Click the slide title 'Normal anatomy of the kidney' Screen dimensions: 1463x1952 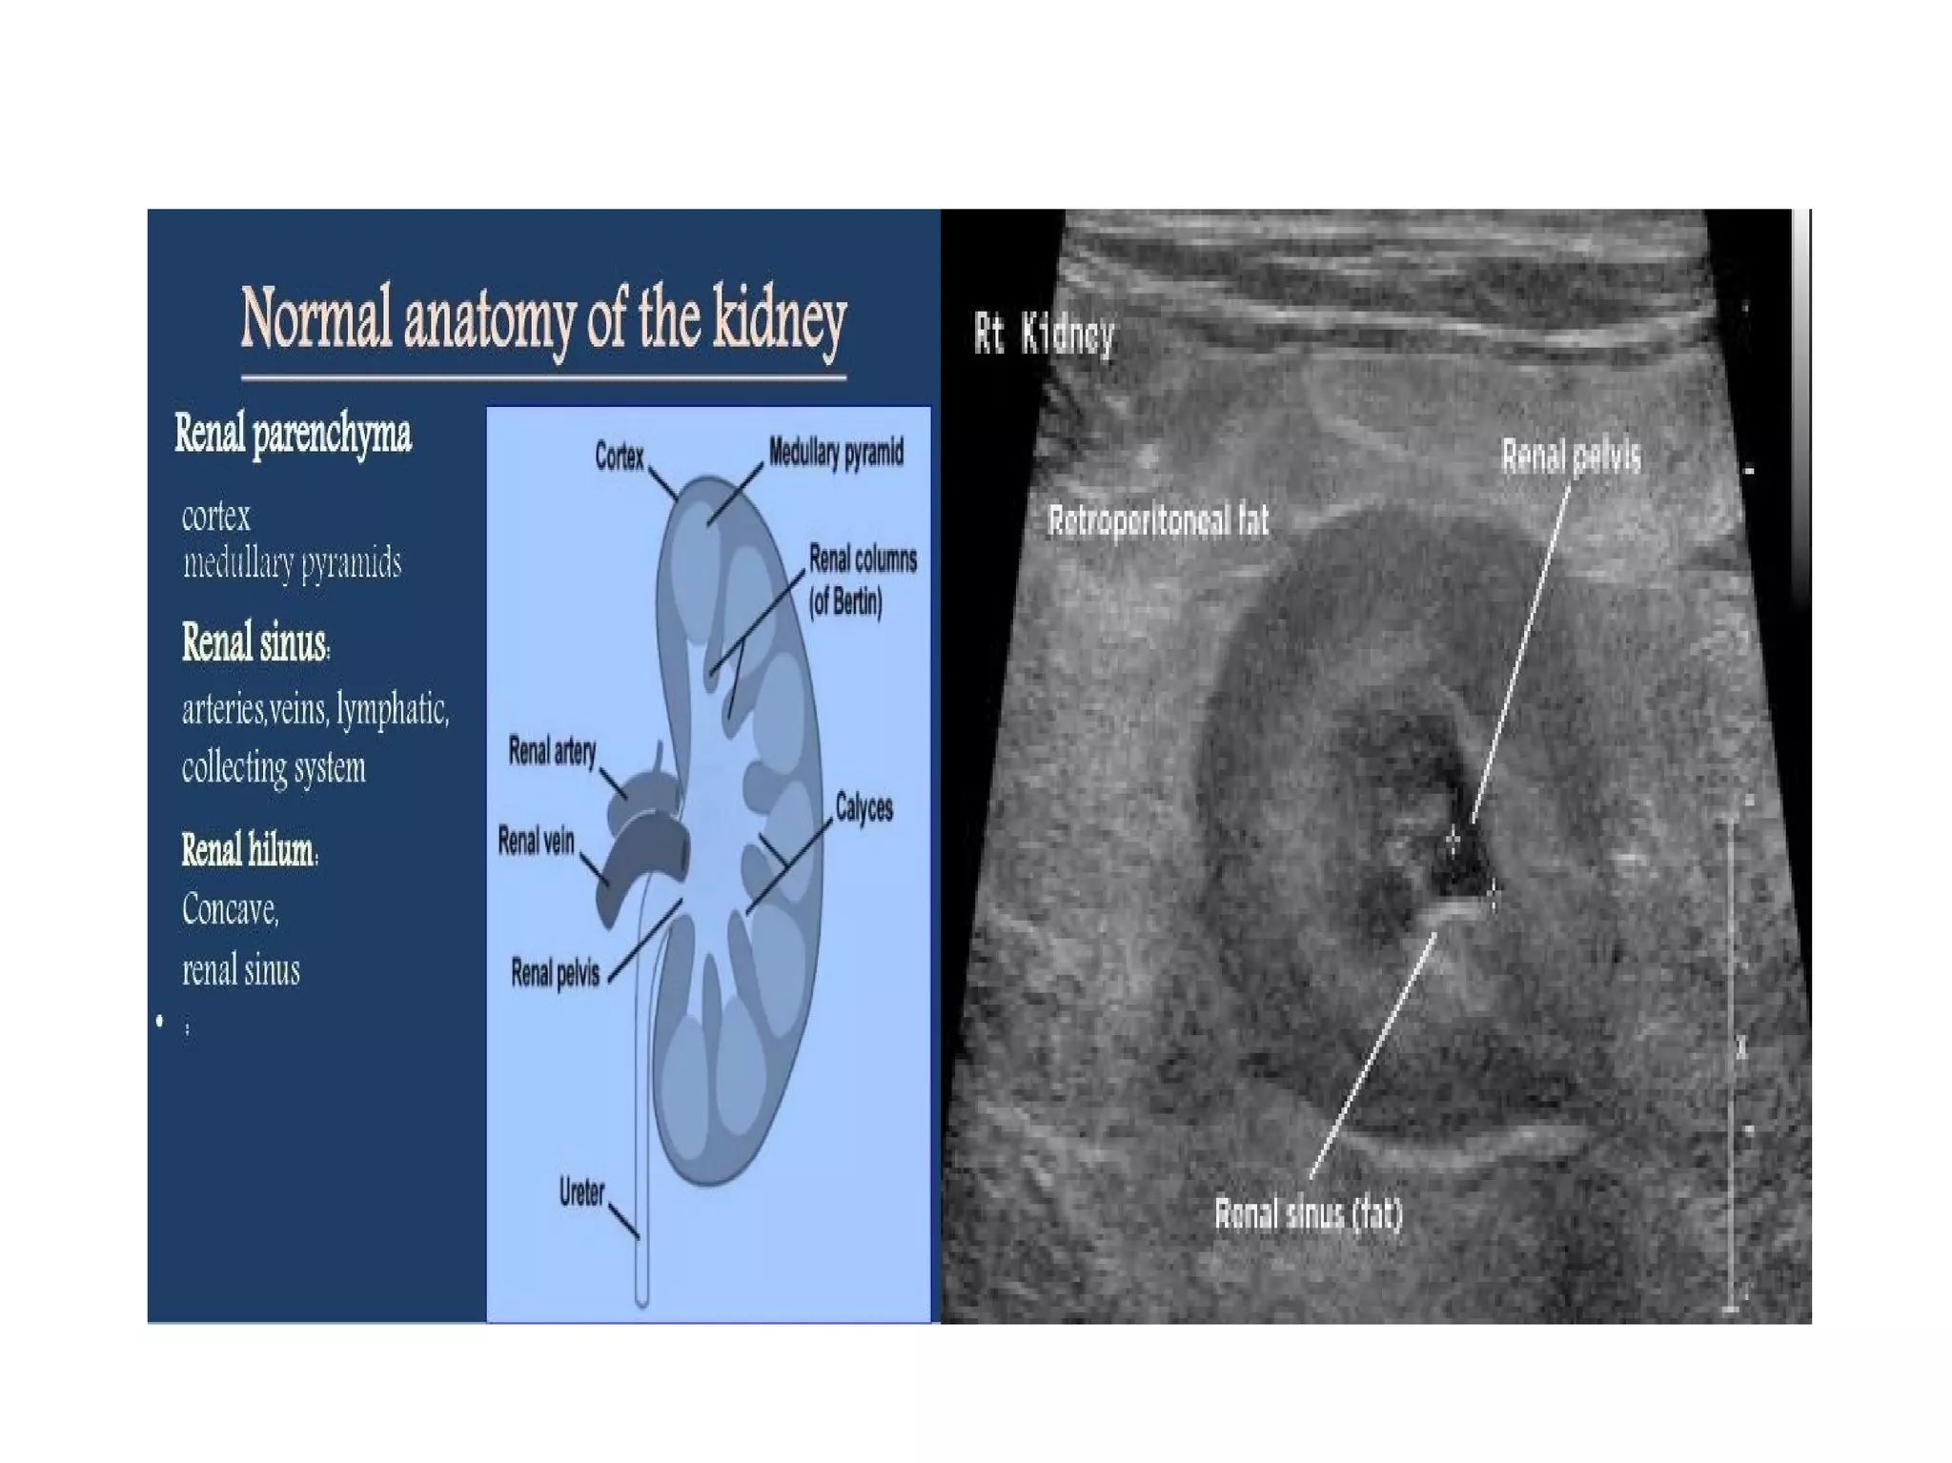pos(543,318)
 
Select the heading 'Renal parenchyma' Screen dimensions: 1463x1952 pos(293,435)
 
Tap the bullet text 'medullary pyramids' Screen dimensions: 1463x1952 pos(292,563)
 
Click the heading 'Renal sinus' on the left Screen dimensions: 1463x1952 pos(254,642)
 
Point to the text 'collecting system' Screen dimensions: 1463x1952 pos(274,767)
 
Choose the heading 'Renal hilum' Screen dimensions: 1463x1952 pos(249,849)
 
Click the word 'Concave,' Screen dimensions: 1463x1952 pos(231,909)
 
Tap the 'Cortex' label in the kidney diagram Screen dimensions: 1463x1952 pos(620,457)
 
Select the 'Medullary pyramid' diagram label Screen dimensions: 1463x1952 pos(836,453)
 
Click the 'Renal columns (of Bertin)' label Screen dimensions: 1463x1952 pos(863,580)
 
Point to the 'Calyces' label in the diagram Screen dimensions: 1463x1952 pos(864,808)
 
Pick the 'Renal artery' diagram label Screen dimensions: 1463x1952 pos(552,751)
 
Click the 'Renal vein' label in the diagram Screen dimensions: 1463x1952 pos(536,841)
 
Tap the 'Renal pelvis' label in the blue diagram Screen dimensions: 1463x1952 pos(555,973)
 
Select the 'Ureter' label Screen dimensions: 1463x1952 pos(581,1191)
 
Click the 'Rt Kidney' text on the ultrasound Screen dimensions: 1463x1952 pos(1044,335)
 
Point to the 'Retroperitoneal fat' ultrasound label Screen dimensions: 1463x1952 pos(1158,521)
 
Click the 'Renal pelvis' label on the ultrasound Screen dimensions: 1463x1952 pos(1571,457)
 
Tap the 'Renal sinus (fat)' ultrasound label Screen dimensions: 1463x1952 pos(1308,1214)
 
